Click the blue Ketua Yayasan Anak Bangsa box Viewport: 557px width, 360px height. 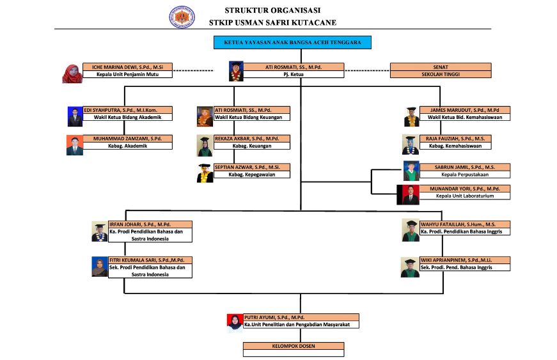[292, 43]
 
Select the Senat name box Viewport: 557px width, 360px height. [440, 67]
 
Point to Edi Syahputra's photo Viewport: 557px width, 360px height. [75, 116]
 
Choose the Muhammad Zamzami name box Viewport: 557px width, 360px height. [128, 139]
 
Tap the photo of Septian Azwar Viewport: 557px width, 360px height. [205, 173]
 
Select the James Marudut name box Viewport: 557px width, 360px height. [465, 110]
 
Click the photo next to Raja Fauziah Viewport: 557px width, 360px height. [410, 145]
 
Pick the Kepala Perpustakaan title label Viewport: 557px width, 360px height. [465, 174]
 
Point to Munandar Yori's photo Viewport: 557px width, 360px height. [408, 194]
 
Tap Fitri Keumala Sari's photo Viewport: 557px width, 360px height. [99, 267]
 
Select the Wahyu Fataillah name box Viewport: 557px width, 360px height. [465, 224]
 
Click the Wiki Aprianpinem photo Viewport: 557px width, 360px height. [410, 267]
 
